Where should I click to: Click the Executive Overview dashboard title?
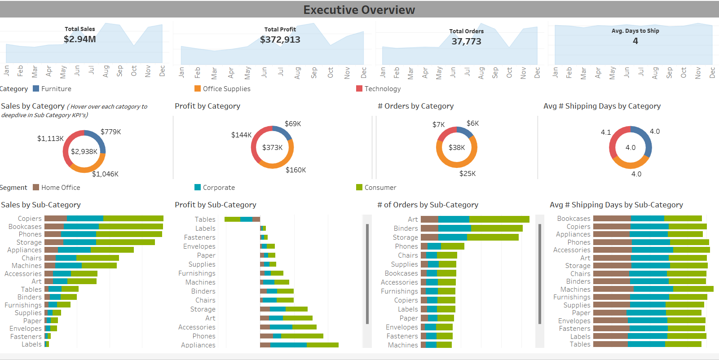click(x=359, y=10)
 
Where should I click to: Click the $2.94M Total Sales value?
click(x=79, y=39)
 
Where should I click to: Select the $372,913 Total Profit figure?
click(x=280, y=40)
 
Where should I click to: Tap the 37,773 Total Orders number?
click(x=466, y=41)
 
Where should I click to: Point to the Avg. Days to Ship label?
click(x=635, y=31)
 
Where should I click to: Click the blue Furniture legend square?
click(x=36, y=88)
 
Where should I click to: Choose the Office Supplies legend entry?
click(x=222, y=89)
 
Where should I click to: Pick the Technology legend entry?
click(x=378, y=89)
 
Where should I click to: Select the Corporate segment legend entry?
click(x=215, y=188)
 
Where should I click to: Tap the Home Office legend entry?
click(x=56, y=188)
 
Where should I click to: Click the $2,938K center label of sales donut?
click(x=84, y=152)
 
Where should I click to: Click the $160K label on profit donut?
click(x=296, y=170)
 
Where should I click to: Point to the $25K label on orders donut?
click(x=467, y=174)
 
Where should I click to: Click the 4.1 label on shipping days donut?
click(x=605, y=132)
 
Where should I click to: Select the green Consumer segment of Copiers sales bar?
click(x=133, y=219)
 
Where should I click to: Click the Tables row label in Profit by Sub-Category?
click(x=205, y=220)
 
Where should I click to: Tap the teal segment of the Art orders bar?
click(x=454, y=220)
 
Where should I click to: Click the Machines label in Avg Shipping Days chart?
click(x=575, y=290)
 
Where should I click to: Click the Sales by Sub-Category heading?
click(x=41, y=205)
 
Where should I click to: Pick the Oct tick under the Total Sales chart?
click(x=134, y=71)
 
